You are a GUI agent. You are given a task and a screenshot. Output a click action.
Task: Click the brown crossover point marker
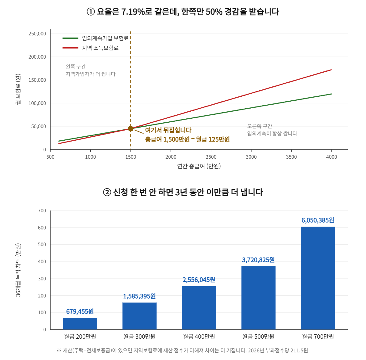pos(131,129)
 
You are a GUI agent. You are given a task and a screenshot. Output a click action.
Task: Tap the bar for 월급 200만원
pos(80,323)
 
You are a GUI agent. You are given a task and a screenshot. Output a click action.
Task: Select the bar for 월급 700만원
pos(318,278)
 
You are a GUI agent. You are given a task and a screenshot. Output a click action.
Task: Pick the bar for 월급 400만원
pos(199,308)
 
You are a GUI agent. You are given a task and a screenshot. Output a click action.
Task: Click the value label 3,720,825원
pos(258,260)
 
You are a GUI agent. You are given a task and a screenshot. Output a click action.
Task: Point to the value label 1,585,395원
pos(139,296)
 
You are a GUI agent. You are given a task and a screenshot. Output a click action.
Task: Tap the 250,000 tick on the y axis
pos(37,34)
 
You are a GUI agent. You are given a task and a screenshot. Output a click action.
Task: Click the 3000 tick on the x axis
pos(251,157)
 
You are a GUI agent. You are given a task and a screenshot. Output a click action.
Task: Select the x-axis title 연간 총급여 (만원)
pos(199,166)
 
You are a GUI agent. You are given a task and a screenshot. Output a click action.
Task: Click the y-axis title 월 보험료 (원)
pos(18,89)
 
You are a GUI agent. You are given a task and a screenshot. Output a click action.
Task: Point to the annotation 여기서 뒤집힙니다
pos(168,130)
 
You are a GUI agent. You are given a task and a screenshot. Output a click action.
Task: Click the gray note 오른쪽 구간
pos(260,126)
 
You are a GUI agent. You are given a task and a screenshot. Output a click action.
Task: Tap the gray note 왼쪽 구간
pos(76,67)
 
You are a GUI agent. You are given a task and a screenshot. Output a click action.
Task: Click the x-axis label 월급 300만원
pos(139,337)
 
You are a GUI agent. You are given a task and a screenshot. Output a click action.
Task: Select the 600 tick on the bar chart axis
pos(42,228)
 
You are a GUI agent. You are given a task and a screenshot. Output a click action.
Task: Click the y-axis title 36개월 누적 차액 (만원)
pos(18,270)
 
